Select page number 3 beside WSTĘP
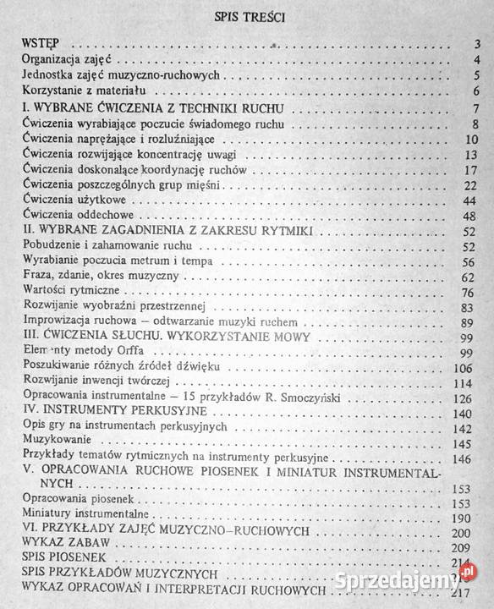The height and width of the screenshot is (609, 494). click(x=478, y=45)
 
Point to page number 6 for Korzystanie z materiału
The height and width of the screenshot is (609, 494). click(x=478, y=91)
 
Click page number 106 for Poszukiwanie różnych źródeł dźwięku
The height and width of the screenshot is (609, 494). click(x=470, y=368)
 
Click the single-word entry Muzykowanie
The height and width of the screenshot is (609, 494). click(x=53, y=442)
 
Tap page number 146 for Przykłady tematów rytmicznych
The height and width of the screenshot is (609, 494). click(x=470, y=458)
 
